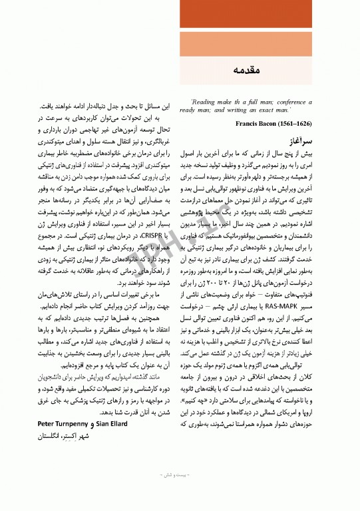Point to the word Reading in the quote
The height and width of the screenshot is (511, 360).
click(204, 102)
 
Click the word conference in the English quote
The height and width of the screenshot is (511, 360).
click(297, 102)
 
